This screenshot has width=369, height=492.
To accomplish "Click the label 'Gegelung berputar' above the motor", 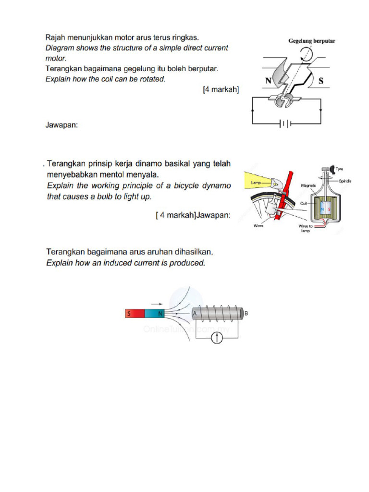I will click(x=311, y=41).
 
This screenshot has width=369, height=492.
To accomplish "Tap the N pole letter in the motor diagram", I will click(x=269, y=81).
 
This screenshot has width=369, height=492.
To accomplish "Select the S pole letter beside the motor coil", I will click(x=321, y=81).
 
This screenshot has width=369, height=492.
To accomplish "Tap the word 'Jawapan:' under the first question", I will click(x=61, y=125).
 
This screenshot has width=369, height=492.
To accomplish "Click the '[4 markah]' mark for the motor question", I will click(x=221, y=90).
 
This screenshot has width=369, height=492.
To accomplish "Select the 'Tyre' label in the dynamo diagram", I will click(x=339, y=169).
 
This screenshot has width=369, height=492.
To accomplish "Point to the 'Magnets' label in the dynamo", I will click(x=308, y=185).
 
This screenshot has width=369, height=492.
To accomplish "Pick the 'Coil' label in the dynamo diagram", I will click(x=304, y=203).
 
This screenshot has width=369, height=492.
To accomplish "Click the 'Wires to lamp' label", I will click(x=306, y=228).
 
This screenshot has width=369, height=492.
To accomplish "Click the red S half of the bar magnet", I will click(x=135, y=314).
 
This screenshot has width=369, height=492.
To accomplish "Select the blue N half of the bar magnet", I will click(x=155, y=314).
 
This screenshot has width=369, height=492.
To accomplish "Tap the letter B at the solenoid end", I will click(x=247, y=313).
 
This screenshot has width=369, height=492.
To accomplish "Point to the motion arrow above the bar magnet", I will click(x=155, y=304).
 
